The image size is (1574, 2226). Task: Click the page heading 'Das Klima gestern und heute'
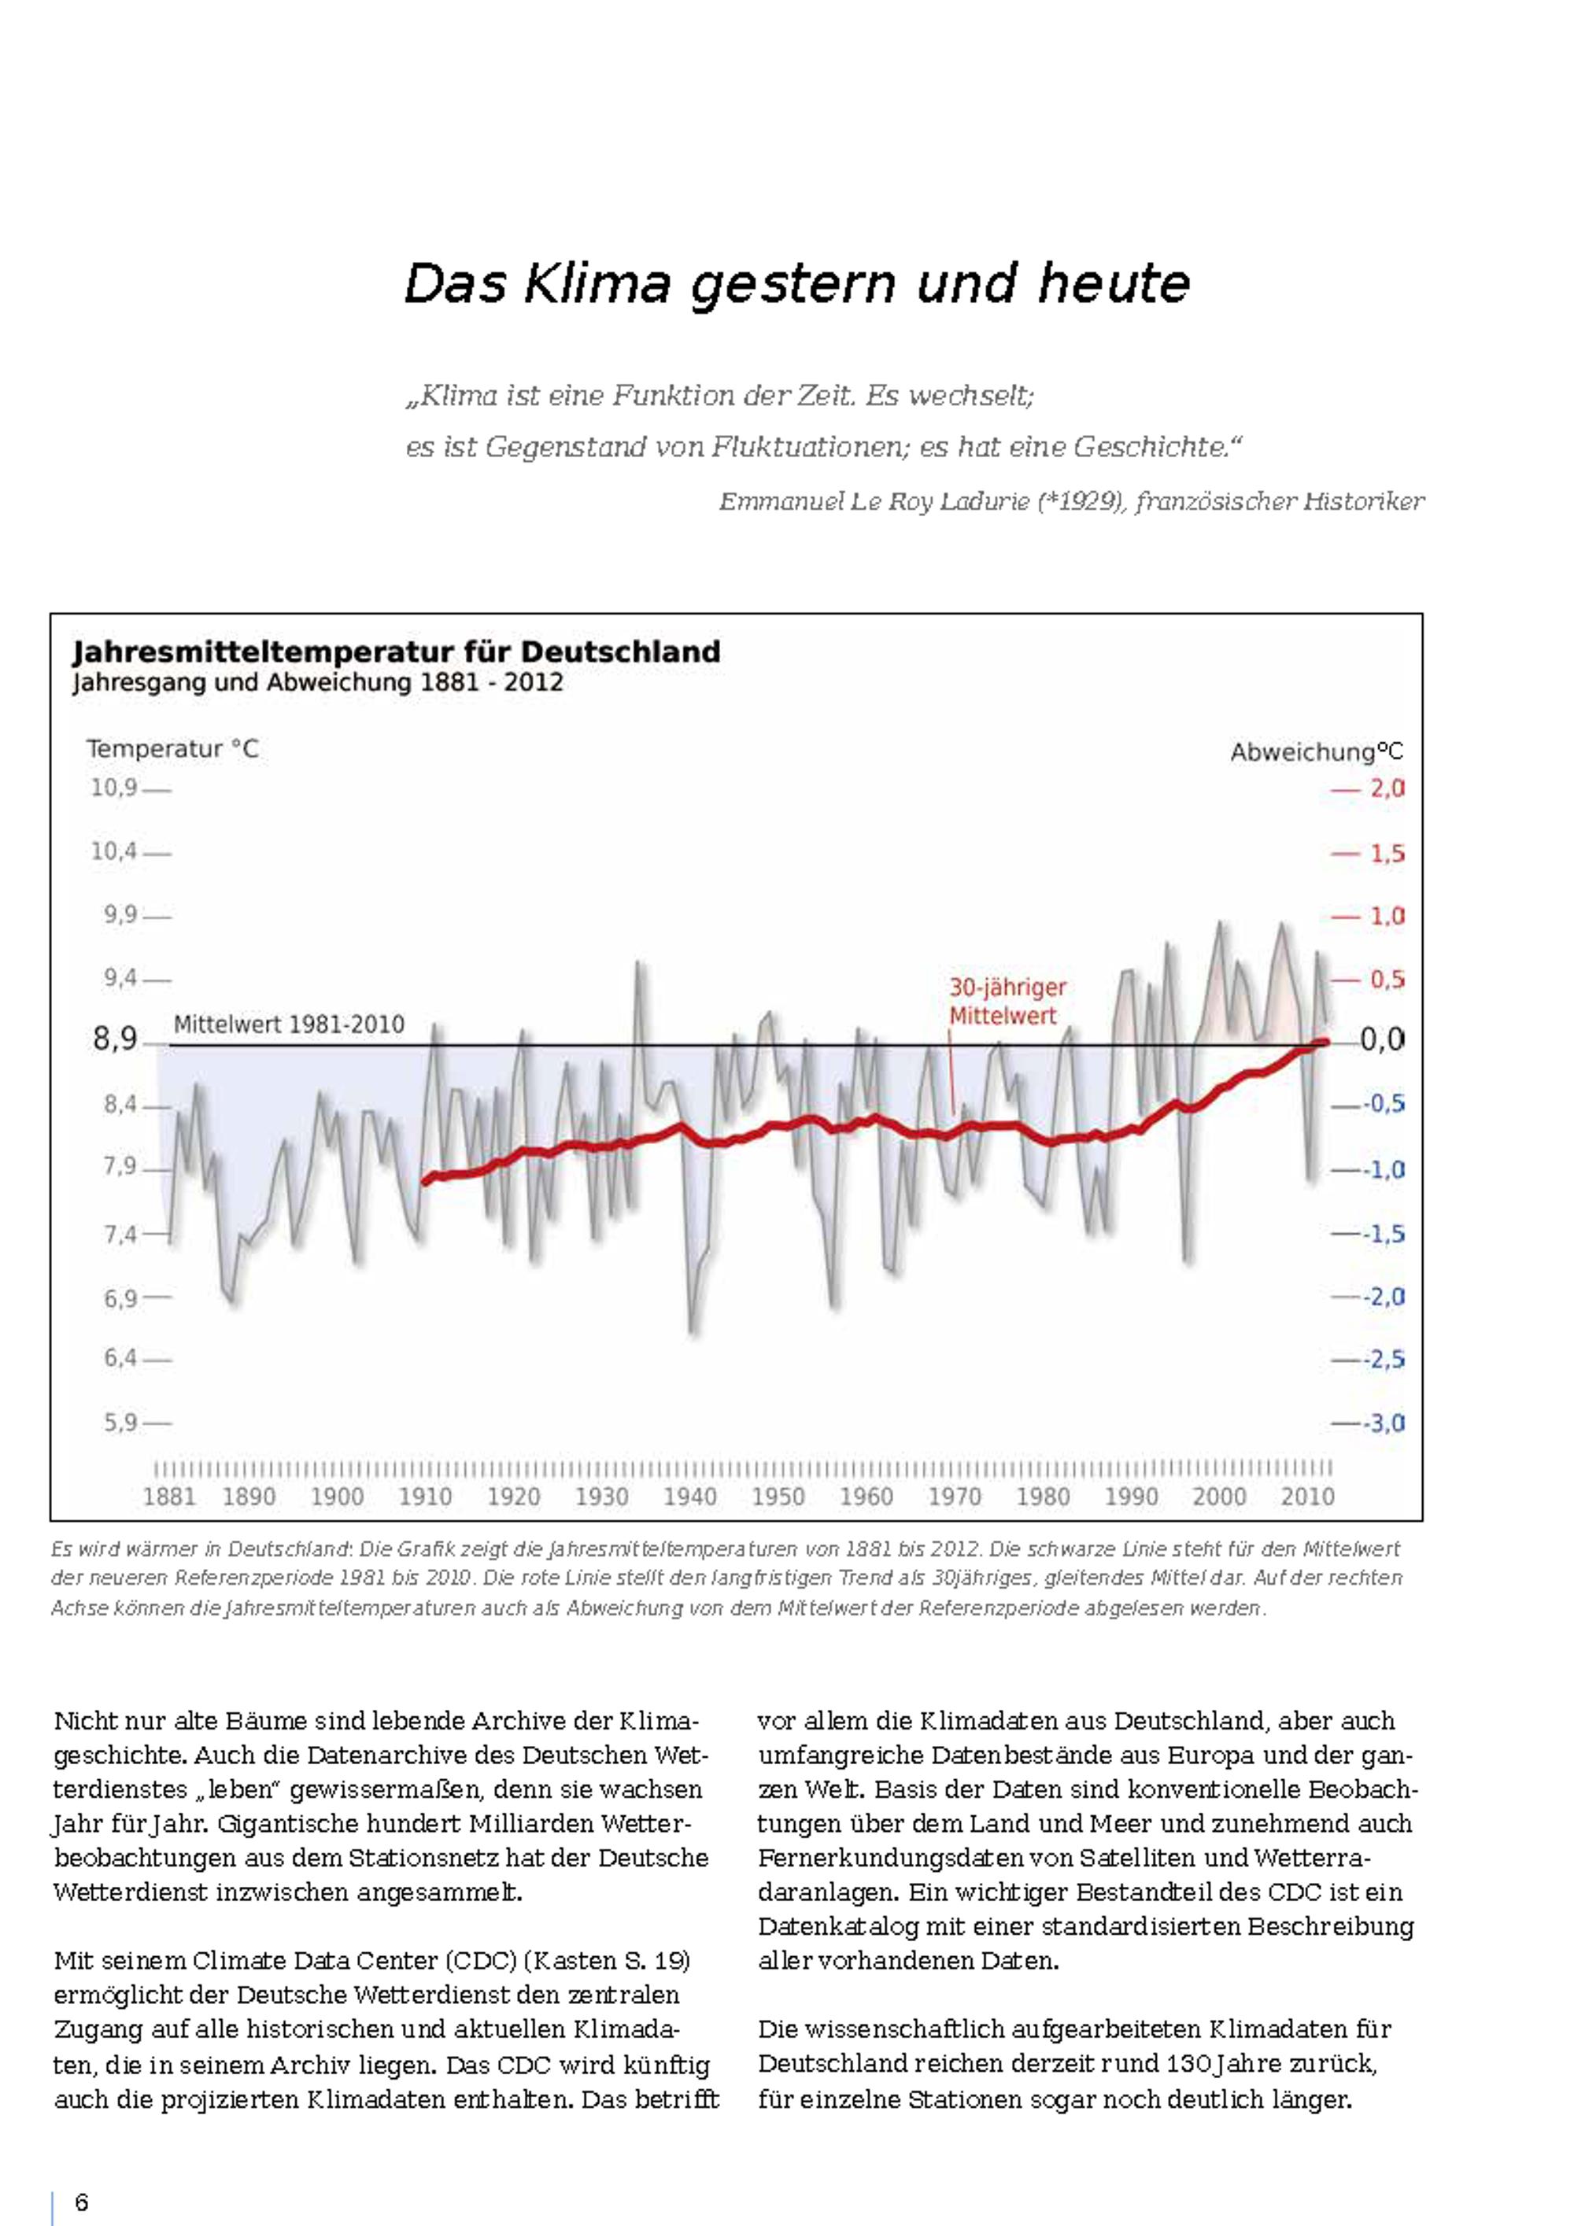(x=796, y=283)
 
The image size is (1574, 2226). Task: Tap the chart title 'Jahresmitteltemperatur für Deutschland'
(x=397, y=652)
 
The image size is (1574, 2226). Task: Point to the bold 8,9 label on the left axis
(x=116, y=1039)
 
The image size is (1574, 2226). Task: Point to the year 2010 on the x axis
(x=1307, y=1497)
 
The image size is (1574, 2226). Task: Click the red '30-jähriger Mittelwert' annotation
(x=1007, y=1002)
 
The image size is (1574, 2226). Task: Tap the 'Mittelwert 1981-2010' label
(x=289, y=1024)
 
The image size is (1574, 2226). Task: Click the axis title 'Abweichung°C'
(x=1316, y=752)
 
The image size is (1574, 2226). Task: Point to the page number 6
(x=82, y=2202)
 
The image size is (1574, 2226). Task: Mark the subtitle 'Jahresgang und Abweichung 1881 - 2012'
(x=318, y=682)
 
